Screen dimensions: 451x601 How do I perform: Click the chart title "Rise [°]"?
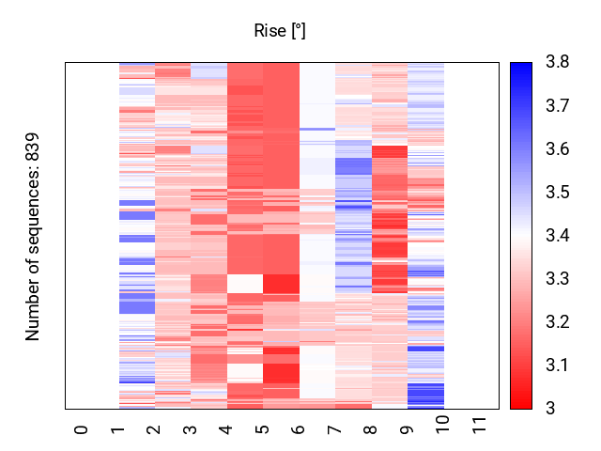(x=280, y=31)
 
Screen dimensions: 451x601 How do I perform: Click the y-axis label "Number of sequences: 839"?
(x=34, y=235)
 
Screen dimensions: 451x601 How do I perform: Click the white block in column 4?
(x=245, y=283)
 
